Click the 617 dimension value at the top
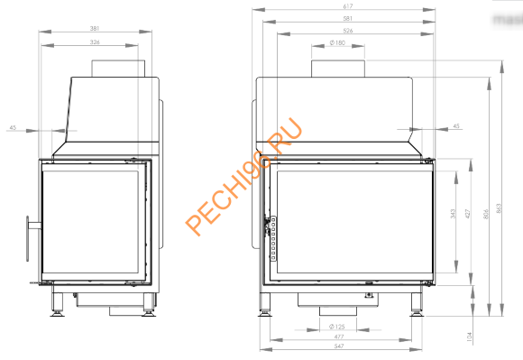(348, 6)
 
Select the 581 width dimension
(348, 18)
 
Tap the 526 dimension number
(348, 31)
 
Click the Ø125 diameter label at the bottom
(338, 326)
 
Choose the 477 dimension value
(339, 336)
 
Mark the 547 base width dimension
(339, 346)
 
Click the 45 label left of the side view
(13, 128)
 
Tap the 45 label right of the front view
(456, 126)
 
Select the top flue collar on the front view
(339, 69)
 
